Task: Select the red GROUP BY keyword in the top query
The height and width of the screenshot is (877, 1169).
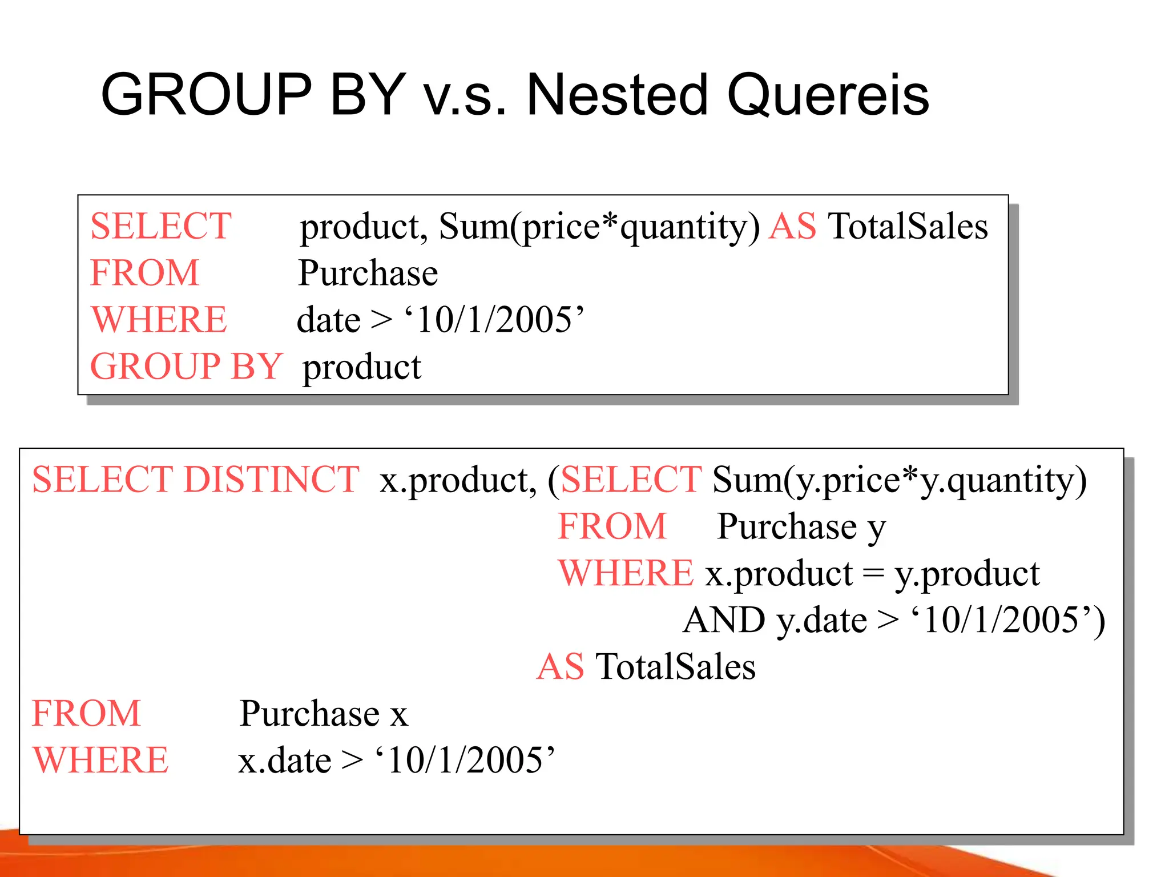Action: point(186,366)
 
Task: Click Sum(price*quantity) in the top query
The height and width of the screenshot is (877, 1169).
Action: point(599,227)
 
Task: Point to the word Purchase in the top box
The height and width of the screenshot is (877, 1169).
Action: point(368,273)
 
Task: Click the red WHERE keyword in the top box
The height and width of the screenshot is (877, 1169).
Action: point(159,319)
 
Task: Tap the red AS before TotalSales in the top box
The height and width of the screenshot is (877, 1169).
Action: point(792,226)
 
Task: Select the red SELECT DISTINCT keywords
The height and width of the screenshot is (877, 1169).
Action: point(196,479)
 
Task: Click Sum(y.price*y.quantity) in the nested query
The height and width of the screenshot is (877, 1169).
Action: point(900,480)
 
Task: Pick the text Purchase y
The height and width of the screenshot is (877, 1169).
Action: point(801,526)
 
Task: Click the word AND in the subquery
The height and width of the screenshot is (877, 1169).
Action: point(724,620)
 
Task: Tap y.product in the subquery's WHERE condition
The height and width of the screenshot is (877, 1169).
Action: point(967,574)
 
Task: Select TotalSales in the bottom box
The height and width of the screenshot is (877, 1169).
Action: point(675,666)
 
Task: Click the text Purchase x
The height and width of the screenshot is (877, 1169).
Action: point(324,713)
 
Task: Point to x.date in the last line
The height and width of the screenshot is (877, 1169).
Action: point(285,761)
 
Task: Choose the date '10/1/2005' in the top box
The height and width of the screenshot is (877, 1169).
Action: point(494,319)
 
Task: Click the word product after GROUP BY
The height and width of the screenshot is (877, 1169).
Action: point(362,367)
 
